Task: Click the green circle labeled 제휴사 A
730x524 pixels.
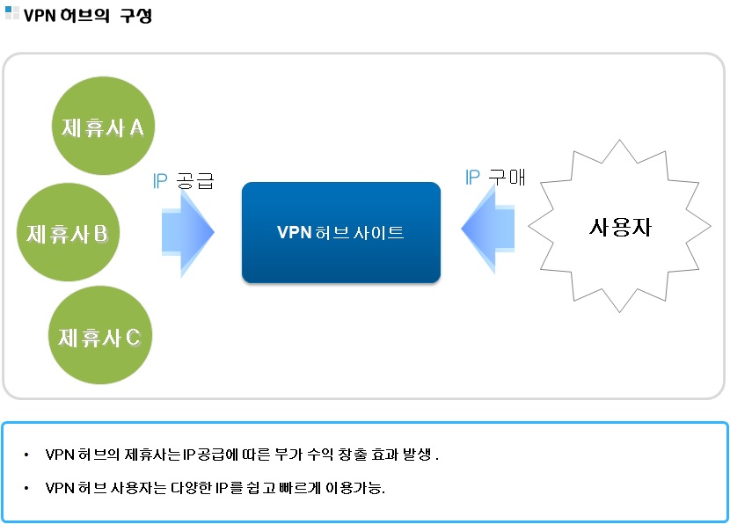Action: [102, 128]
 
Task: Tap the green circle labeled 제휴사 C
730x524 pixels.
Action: [99, 336]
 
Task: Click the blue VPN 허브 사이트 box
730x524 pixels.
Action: [340, 232]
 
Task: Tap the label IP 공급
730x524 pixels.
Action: [183, 181]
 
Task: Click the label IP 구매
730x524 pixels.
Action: [494, 177]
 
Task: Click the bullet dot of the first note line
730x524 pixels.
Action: [27, 455]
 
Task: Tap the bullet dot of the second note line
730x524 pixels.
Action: [27, 488]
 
